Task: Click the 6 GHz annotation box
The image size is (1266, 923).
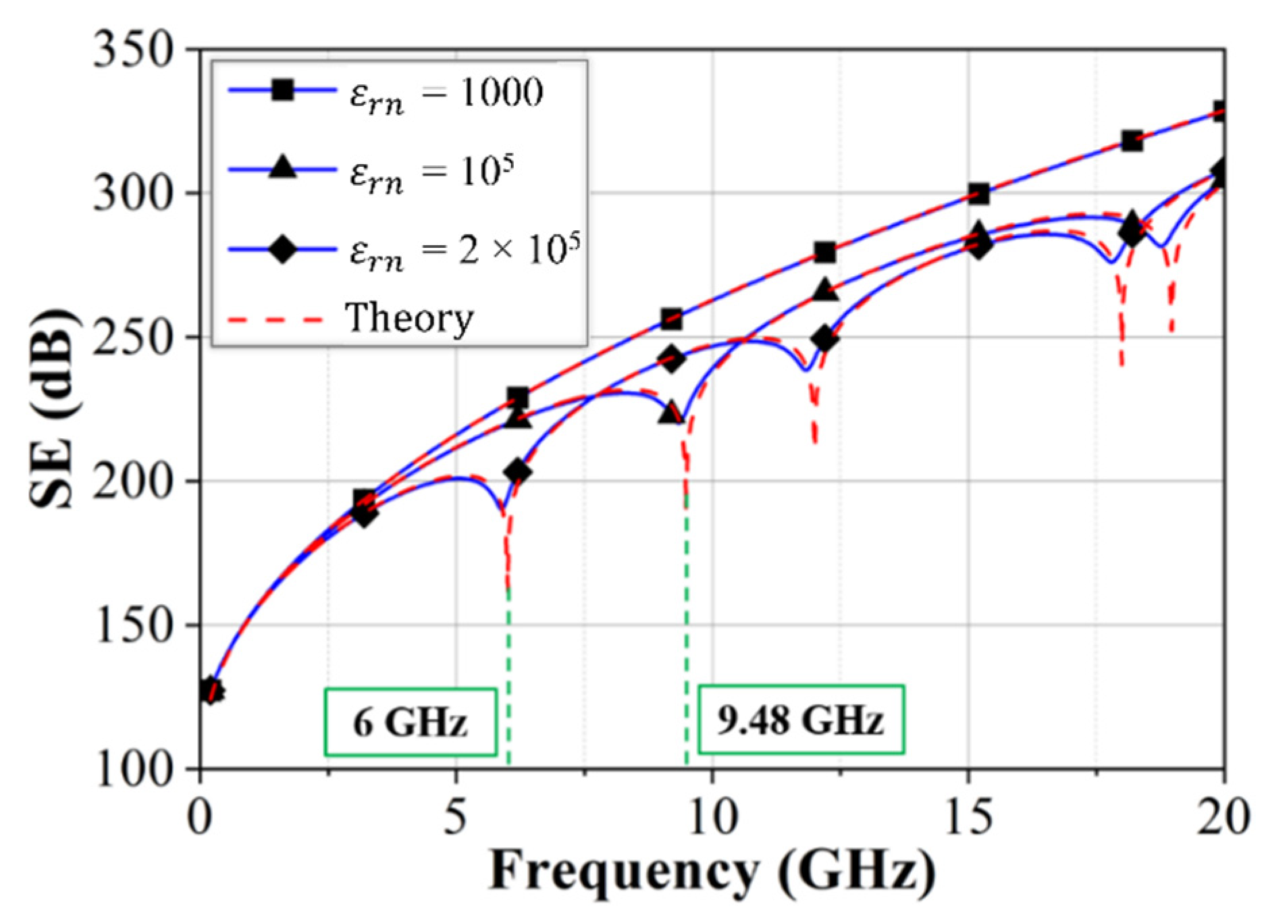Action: click(411, 722)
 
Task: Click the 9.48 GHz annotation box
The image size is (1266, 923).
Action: click(801, 719)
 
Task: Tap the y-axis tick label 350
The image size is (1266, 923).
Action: click(133, 50)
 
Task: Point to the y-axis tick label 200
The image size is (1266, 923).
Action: click(133, 481)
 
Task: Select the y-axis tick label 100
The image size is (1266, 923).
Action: click(133, 769)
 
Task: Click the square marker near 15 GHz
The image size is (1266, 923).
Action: click(978, 194)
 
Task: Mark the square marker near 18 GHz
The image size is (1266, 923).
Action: click(1132, 141)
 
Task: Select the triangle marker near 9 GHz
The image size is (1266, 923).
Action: click(670, 413)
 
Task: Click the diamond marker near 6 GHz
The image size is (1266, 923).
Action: click(517, 471)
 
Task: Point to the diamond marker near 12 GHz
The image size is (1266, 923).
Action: click(824, 339)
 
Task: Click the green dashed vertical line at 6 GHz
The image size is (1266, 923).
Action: click(508, 675)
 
